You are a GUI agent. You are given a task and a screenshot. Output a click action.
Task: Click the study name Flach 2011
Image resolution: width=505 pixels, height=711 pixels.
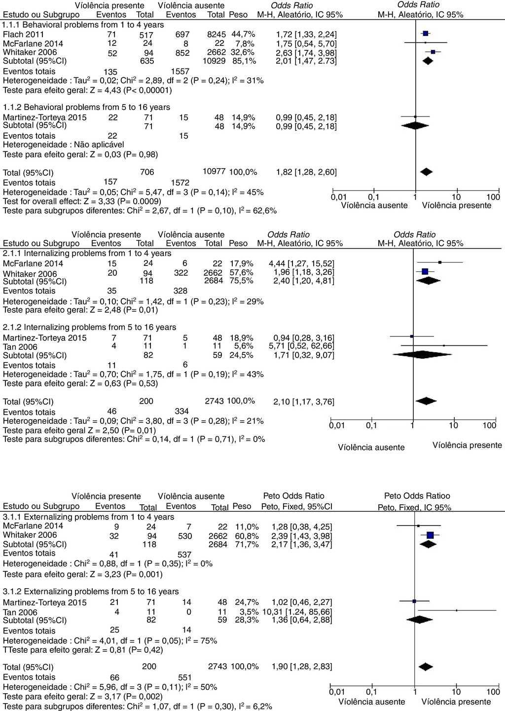tap(24, 35)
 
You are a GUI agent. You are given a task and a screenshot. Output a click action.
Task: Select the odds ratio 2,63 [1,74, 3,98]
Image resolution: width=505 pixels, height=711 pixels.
tap(306, 53)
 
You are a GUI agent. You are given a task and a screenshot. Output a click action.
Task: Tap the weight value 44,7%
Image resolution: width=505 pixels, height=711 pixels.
tap(243, 34)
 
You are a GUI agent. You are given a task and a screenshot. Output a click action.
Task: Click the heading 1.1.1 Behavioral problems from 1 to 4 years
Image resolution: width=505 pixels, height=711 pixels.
tap(83, 25)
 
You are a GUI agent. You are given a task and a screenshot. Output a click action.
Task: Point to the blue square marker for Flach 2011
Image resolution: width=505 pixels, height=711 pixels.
tap(425, 34)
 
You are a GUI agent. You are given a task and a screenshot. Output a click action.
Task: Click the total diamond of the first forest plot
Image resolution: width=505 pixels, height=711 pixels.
tap(426, 172)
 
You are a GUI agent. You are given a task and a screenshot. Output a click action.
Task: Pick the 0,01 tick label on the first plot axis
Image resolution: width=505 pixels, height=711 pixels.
tap(339, 197)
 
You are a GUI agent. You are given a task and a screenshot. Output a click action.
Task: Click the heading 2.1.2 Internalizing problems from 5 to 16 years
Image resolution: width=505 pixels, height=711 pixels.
tap(89, 327)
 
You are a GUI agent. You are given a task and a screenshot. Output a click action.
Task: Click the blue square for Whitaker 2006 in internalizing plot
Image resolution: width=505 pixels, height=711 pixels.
tap(425, 271)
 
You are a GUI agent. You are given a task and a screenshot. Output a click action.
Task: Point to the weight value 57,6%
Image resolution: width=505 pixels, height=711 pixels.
tap(242, 272)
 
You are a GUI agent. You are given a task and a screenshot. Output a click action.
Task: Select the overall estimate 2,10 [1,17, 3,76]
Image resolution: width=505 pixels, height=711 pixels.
tap(304, 402)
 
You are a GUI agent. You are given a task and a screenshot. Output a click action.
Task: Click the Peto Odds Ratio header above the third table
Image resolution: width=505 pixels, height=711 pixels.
tap(293, 496)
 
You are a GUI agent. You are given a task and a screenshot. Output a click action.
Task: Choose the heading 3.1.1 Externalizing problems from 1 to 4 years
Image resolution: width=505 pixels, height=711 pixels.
tap(88, 517)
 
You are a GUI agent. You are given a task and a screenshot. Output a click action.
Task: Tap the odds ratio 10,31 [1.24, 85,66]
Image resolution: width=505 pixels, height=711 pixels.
tap(301, 612)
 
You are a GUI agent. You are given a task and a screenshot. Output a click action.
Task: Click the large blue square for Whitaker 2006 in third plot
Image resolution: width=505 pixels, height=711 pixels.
tap(430, 535)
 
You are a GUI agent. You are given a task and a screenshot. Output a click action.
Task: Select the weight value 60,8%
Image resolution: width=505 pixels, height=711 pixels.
tap(247, 536)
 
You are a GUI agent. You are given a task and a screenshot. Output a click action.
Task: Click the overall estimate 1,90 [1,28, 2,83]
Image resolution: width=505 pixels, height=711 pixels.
tap(302, 667)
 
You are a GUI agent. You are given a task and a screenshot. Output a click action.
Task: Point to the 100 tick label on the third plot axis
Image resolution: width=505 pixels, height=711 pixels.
tap(493, 692)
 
